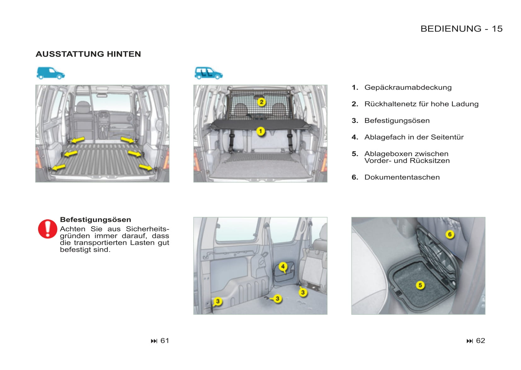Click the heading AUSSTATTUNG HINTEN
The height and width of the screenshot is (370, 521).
(88, 54)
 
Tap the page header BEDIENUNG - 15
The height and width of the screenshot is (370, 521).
(461, 29)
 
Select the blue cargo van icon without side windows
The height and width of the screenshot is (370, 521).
(50, 73)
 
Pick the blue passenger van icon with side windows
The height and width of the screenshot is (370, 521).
(208, 73)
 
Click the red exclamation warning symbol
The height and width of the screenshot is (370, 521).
(48, 229)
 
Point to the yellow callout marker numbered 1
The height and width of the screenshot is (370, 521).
(260, 131)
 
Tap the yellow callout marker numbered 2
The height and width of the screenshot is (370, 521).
(261, 102)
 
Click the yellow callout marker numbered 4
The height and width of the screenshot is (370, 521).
(283, 267)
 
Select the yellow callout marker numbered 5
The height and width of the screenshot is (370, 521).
(420, 285)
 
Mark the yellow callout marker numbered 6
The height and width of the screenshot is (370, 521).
(450, 234)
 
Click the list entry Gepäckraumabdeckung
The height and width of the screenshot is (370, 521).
(408, 87)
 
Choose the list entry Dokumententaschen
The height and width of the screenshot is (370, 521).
(402, 177)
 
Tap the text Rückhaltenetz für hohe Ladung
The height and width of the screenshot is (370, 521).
(421, 104)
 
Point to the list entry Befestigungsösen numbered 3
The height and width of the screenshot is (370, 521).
(397, 121)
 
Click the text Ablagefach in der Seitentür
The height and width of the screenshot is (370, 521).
(414, 137)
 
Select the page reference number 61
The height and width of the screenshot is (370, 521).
(164, 341)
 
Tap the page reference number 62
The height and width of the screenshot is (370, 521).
(480, 341)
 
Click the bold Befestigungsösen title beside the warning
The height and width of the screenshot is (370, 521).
(95, 220)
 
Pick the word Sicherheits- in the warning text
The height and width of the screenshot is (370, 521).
(147, 229)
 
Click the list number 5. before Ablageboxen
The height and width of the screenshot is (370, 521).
(355, 154)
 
